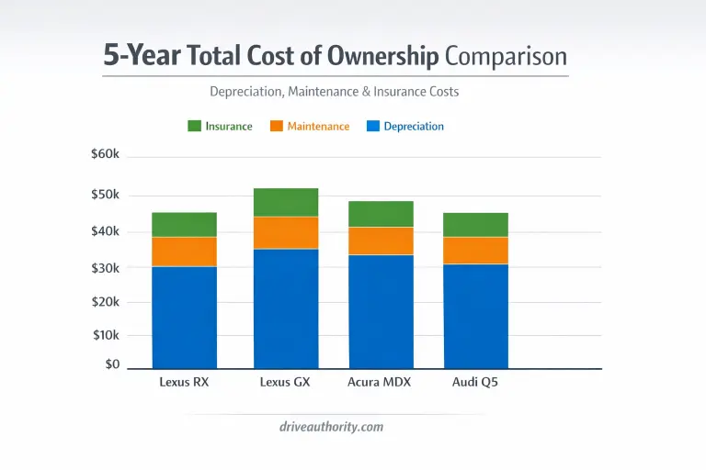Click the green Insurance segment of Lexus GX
pos(286,202)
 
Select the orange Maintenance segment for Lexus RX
pos(184,252)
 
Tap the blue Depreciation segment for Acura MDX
pos(381,311)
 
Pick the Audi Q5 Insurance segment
pos(476,225)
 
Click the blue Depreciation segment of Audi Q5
pos(476,316)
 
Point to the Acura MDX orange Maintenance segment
pos(381,241)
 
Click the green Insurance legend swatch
pos(194,126)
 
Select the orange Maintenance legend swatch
pos(276,126)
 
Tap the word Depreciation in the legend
pos(414,126)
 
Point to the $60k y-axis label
pos(106,154)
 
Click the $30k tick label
pos(106,267)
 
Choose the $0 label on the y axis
pos(112,364)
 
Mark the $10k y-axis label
pos(106,335)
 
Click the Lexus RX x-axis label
pos(184,382)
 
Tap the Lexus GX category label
pos(286,382)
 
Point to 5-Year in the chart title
pos(142,57)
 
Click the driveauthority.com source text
pos(331,427)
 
